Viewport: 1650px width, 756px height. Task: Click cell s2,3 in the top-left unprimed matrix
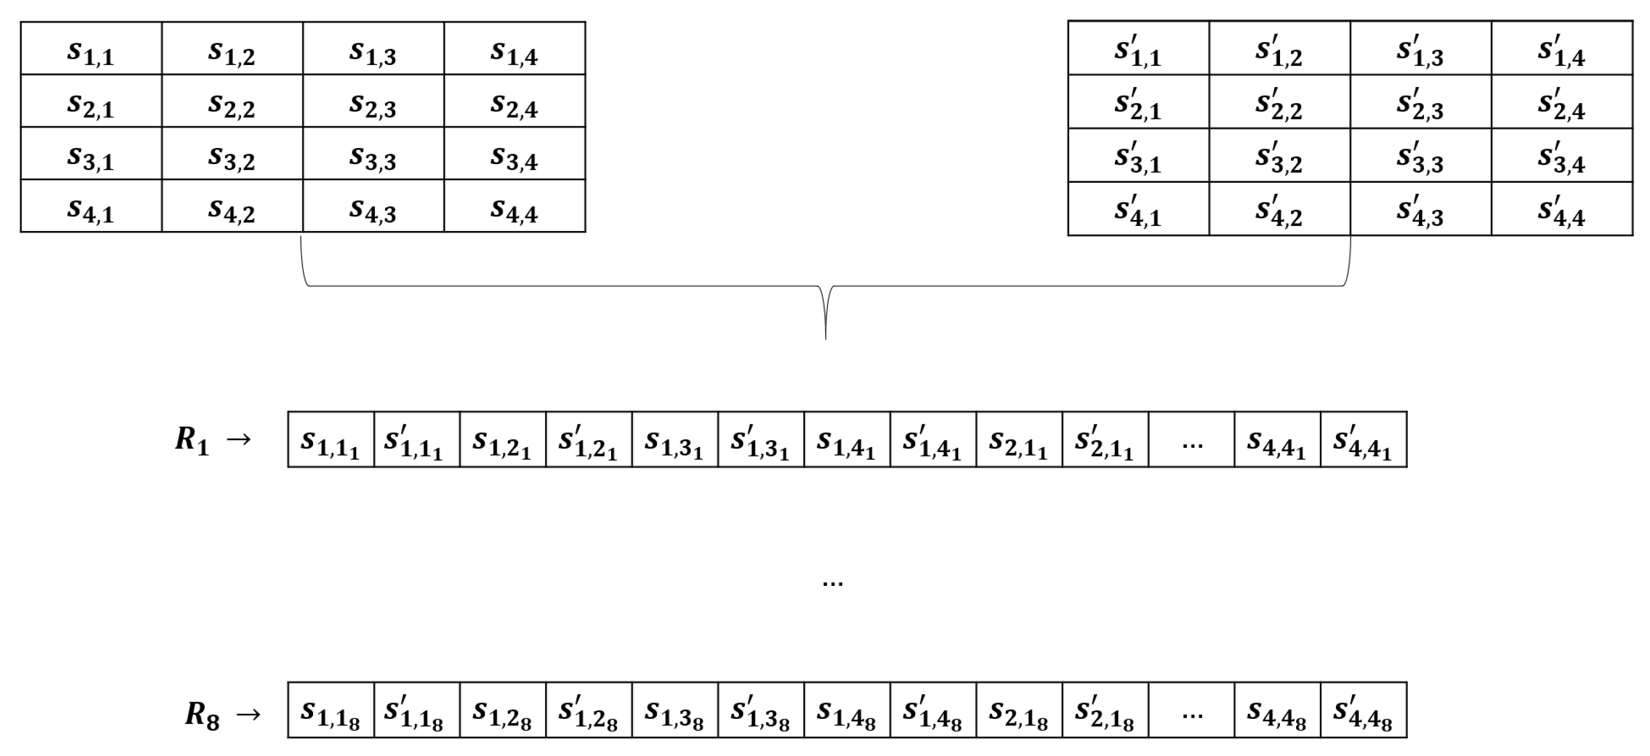tap(373, 101)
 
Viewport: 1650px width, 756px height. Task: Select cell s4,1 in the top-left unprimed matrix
tap(91, 206)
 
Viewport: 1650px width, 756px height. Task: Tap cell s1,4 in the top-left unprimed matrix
tap(514, 49)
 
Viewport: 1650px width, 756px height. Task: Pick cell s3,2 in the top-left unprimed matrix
tap(232, 154)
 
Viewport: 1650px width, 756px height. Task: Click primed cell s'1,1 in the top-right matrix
tap(1138, 49)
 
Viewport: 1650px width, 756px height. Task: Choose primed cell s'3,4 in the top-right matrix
tap(1561, 156)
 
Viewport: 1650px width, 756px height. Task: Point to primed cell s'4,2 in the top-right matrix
tap(1279, 209)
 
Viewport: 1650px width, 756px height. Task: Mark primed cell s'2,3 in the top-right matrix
tap(1420, 103)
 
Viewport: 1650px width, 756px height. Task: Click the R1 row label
tap(192, 440)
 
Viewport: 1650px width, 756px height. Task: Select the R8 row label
tap(202, 713)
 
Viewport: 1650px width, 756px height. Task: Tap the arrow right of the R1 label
tap(239, 439)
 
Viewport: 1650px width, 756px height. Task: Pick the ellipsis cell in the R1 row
tap(1191, 440)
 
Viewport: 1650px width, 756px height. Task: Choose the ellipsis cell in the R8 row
tap(1191, 711)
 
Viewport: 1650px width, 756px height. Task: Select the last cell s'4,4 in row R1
tap(1363, 440)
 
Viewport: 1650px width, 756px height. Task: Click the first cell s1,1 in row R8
tap(331, 711)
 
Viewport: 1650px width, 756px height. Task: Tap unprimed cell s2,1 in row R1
tap(1018, 440)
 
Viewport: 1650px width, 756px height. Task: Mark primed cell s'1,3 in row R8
tap(760, 711)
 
